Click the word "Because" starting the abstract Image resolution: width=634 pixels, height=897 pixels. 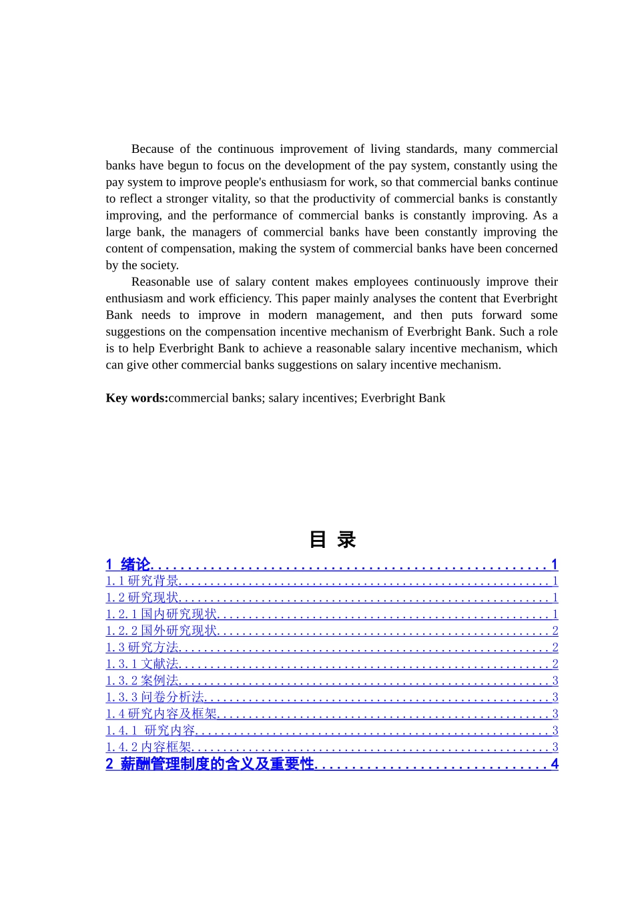152,149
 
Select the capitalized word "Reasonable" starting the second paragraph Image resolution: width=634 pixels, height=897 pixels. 160,282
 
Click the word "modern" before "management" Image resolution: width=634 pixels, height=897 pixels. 288,315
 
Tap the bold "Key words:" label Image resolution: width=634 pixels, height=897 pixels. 137,398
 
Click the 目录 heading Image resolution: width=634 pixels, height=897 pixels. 332,539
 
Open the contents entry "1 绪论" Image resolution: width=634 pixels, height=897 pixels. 129,565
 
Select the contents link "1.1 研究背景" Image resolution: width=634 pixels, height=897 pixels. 142,581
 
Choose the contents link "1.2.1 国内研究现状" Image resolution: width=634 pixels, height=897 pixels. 162,614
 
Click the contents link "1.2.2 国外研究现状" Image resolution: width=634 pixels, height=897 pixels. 162,631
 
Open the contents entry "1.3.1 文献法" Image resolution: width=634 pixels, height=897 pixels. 142,664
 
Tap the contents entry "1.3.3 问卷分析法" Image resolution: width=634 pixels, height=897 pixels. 155,697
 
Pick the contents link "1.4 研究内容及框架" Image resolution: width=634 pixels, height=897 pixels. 162,714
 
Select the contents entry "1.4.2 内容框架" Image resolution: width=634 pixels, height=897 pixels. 148,747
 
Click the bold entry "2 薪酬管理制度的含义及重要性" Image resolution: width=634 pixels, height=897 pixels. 210,764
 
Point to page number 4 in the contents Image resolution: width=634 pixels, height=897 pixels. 554,764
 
